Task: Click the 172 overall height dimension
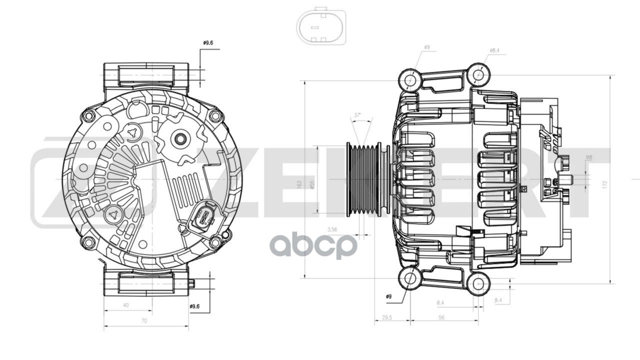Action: tap(605, 184)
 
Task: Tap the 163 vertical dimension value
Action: tap(299, 184)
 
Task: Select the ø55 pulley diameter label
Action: tap(311, 184)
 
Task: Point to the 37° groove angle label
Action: tap(357, 115)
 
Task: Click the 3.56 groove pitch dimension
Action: tap(331, 229)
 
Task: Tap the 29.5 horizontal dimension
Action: tap(386, 317)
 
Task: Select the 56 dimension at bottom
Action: tap(441, 317)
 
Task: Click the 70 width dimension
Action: tap(144, 321)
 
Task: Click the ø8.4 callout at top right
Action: tap(494, 50)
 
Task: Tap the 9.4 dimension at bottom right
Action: tap(498, 300)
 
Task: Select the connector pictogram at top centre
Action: tap(320, 26)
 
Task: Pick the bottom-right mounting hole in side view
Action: tap(478, 283)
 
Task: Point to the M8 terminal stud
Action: tap(566, 179)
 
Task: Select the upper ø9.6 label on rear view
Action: tap(208, 43)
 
